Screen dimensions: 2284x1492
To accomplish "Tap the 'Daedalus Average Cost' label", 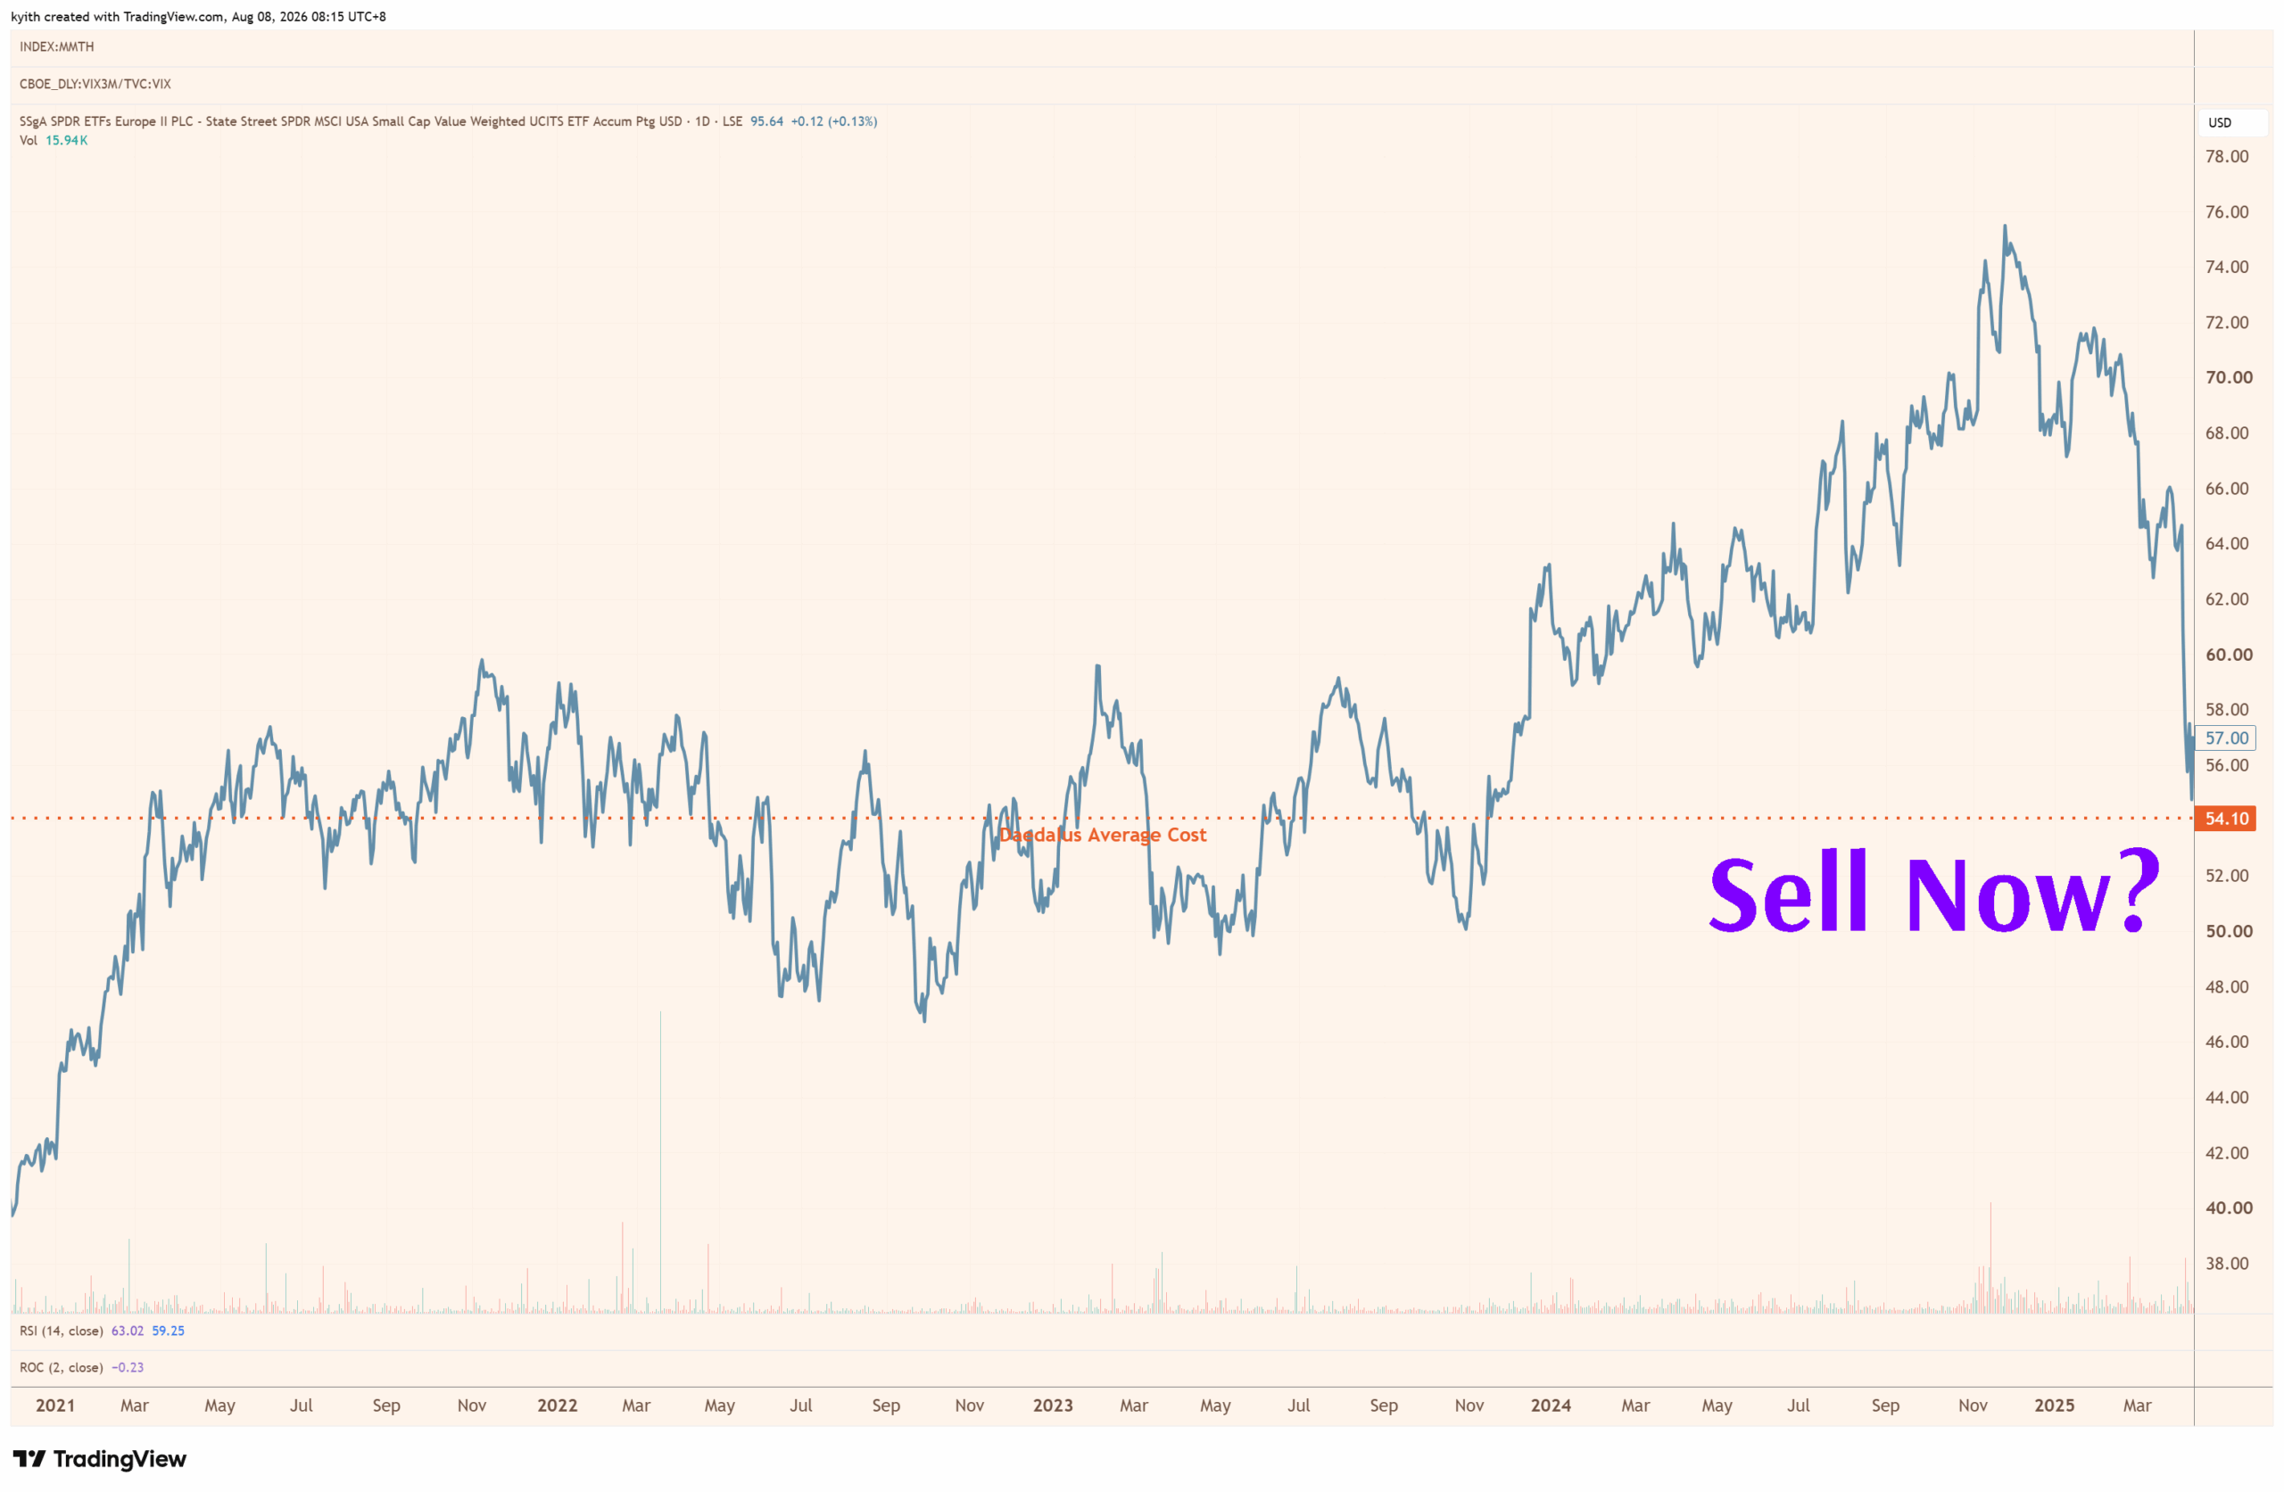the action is click(x=1103, y=835).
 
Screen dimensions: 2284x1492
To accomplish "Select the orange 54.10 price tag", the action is click(x=2226, y=819).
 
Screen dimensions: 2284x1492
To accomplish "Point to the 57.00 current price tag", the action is click(x=2226, y=738).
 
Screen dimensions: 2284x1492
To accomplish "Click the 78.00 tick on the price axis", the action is click(x=2226, y=156).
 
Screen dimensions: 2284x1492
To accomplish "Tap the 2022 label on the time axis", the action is click(x=558, y=1405).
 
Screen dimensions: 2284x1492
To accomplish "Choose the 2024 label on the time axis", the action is click(x=1551, y=1405).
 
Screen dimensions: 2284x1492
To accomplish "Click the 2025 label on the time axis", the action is click(x=2055, y=1405).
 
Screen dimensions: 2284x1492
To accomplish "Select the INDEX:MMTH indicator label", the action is click(x=56, y=47).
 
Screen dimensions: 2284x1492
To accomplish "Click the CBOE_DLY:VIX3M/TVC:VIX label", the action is click(x=95, y=85).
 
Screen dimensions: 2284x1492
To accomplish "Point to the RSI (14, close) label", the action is click(x=62, y=1331).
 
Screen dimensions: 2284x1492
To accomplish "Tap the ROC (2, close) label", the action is click(x=62, y=1367).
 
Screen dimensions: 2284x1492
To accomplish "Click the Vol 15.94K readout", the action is click(x=54, y=140).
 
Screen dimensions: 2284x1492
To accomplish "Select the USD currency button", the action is click(x=2220, y=123).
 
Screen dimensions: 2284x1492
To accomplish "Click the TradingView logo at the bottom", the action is click(x=100, y=1459).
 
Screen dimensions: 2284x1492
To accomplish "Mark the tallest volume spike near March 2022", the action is click(x=660, y=1162).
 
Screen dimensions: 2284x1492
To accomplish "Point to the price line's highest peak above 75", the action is click(x=2005, y=227).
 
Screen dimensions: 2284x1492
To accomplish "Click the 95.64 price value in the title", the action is click(x=766, y=122).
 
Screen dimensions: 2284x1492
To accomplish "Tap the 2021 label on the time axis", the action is click(x=55, y=1405).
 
